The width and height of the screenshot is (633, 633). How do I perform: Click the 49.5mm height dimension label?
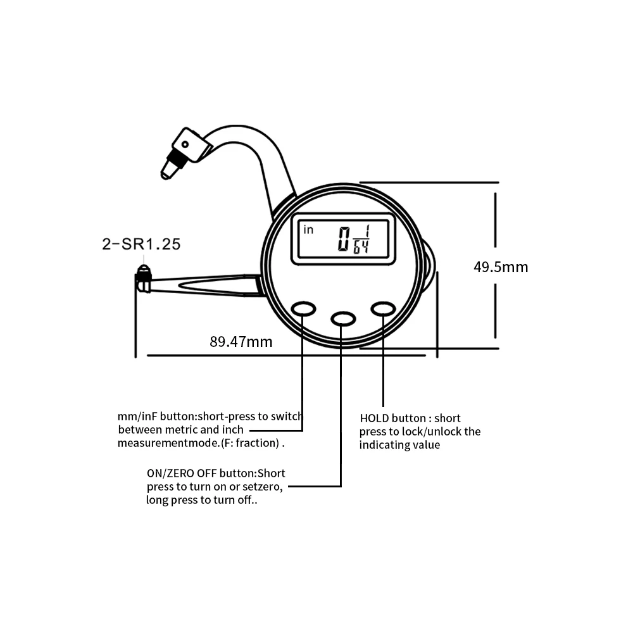(501, 267)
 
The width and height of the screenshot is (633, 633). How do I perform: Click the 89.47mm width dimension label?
(241, 342)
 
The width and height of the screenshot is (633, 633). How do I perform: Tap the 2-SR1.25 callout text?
(141, 244)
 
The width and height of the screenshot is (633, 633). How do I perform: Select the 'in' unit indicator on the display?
(308, 230)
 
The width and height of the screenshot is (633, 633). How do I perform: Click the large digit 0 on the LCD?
(344, 239)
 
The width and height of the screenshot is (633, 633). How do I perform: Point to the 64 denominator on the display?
(361, 247)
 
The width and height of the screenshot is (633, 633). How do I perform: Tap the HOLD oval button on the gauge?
(383, 310)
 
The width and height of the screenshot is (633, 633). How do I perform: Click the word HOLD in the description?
(373, 418)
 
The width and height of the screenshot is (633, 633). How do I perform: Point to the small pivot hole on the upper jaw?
(185, 144)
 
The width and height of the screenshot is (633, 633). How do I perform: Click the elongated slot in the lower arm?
(218, 286)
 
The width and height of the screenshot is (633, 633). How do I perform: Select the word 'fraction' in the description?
(257, 443)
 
